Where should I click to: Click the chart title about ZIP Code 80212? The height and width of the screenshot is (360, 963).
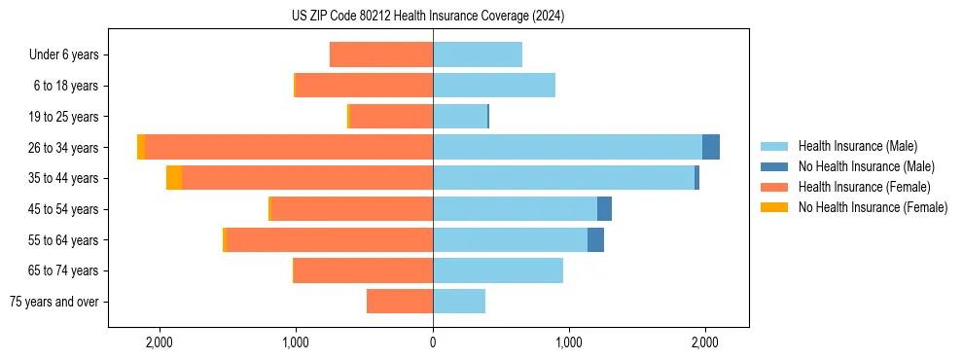tap(427, 16)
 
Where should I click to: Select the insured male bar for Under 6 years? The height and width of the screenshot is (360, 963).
tap(478, 54)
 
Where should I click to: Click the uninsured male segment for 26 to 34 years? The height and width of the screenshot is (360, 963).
tap(711, 147)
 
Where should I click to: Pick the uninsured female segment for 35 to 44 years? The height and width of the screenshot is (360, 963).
tap(174, 178)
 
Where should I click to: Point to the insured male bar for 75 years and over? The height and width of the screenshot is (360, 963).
tap(459, 302)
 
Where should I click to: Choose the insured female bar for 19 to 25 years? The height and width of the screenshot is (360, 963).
tap(391, 117)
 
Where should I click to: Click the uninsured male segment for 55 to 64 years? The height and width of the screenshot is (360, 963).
tap(595, 239)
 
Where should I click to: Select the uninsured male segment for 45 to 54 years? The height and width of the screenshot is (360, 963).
tap(604, 209)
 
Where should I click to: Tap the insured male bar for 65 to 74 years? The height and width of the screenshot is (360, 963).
tap(498, 270)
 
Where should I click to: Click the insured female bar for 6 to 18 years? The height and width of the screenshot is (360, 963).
tap(364, 86)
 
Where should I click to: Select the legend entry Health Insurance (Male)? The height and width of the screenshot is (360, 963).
tap(857, 146)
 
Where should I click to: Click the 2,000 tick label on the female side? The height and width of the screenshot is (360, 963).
tap(159, 342)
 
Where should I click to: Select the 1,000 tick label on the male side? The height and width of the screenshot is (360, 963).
tap(569, 342)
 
